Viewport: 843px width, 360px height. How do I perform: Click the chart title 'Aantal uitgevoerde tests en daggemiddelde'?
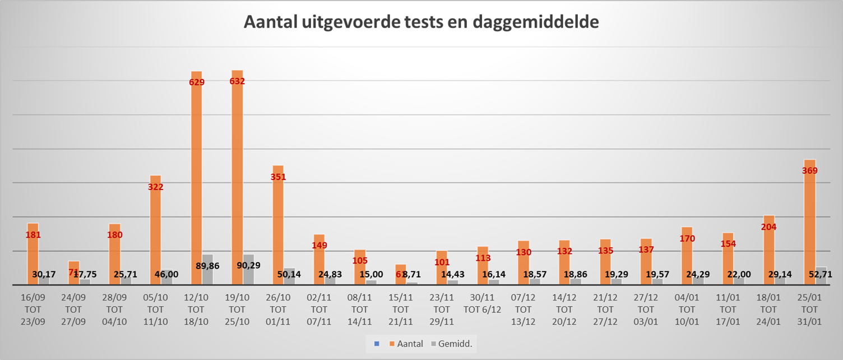(421, 22)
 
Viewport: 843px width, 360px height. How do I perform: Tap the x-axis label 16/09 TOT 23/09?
(33, 309)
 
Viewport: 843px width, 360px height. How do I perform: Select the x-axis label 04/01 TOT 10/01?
(687, 309)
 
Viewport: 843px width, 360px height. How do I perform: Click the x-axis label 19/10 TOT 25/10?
(237, 309)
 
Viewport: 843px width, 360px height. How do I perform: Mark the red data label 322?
(155, 187)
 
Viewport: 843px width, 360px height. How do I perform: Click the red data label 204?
(768, 227)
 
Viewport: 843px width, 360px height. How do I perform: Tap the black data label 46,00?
(166, 274)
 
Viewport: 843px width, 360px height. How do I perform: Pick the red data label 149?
(319, 245)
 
